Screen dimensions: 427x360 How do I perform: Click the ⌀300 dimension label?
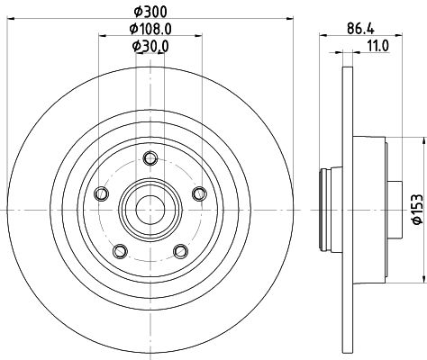pos(150,12)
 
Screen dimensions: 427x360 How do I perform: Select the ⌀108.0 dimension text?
pos(150,29)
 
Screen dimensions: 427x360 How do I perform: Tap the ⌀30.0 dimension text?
pos(150,46)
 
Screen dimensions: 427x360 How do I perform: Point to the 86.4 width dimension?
pos(360,29)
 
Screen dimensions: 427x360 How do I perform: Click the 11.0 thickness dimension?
pos(377,46)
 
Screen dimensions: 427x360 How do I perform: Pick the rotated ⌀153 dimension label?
pos(418,209)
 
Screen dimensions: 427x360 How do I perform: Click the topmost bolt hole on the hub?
pos(150,158)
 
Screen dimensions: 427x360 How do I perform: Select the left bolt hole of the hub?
pos(101,193)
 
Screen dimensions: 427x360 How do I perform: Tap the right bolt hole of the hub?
pos(199,193)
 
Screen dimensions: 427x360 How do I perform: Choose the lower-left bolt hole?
pos(120,251)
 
